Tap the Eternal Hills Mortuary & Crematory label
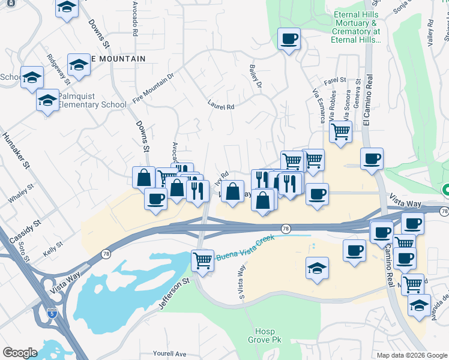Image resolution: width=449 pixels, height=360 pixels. (355, 27)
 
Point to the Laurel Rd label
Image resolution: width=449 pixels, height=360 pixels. (220, 106)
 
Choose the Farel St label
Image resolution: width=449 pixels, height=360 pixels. (335, 80)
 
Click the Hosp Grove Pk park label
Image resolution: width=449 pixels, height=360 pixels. (265, 335)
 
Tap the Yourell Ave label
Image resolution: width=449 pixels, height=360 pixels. (170, 353)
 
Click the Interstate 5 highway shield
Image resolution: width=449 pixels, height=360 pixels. (53, 312)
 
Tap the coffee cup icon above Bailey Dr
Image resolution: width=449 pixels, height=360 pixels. (289, 40)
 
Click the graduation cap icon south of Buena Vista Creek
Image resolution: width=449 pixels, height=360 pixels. (317, 268)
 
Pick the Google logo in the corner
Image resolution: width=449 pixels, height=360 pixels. (20, 352)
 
